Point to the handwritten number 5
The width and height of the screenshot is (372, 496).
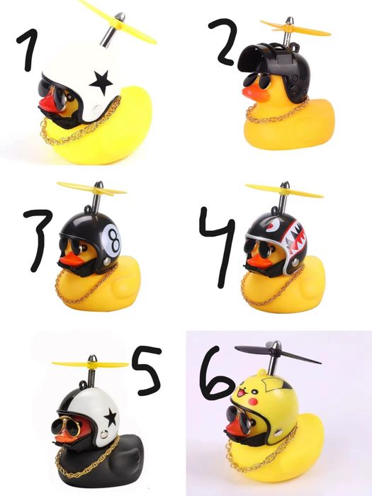point(145,370)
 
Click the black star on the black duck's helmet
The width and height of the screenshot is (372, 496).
point(111,417)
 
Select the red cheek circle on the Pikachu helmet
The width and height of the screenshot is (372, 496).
point(252,402)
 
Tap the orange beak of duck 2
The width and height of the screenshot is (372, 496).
point(253,94)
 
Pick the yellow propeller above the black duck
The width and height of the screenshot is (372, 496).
point(90,364)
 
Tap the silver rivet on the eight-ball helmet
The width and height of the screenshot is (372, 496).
point(108,261)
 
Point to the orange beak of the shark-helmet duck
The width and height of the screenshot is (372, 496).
point(259,260)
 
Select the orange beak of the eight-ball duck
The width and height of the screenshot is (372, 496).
point(71,259)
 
